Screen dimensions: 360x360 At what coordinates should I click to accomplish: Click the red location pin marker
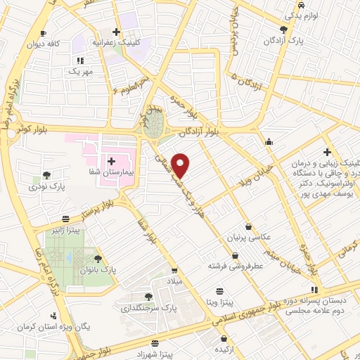181,164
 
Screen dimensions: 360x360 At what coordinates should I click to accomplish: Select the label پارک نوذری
51,188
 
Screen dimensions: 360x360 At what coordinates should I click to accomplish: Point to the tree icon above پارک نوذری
46,175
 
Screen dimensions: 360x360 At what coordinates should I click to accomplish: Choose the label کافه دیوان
63,44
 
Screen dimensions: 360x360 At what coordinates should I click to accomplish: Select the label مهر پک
81,72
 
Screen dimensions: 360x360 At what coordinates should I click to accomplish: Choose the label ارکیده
226,349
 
